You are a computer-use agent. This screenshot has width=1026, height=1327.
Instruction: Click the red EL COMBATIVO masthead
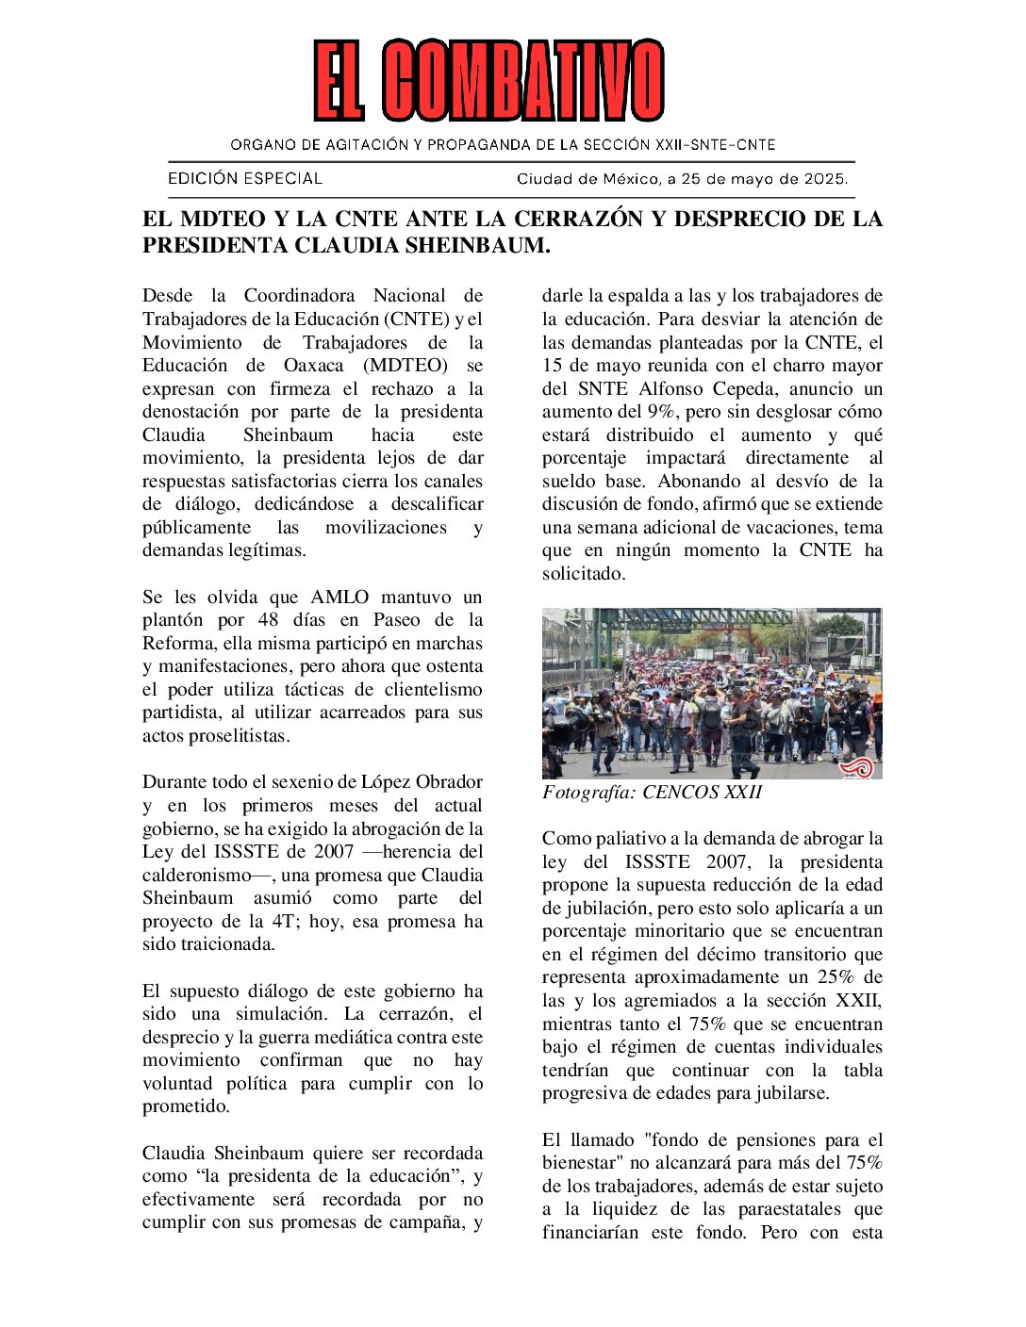pos(488,80)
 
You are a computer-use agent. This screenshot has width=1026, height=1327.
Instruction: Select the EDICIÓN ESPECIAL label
pos(245,178)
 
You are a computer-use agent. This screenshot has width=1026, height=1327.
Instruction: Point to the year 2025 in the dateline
pos(824,178)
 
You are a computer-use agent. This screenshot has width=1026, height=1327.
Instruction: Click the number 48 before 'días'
pos(269,620)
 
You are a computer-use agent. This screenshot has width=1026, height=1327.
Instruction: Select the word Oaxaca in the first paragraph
pos(313,366)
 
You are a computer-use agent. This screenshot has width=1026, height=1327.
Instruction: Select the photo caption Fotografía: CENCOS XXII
pos(652,793)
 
